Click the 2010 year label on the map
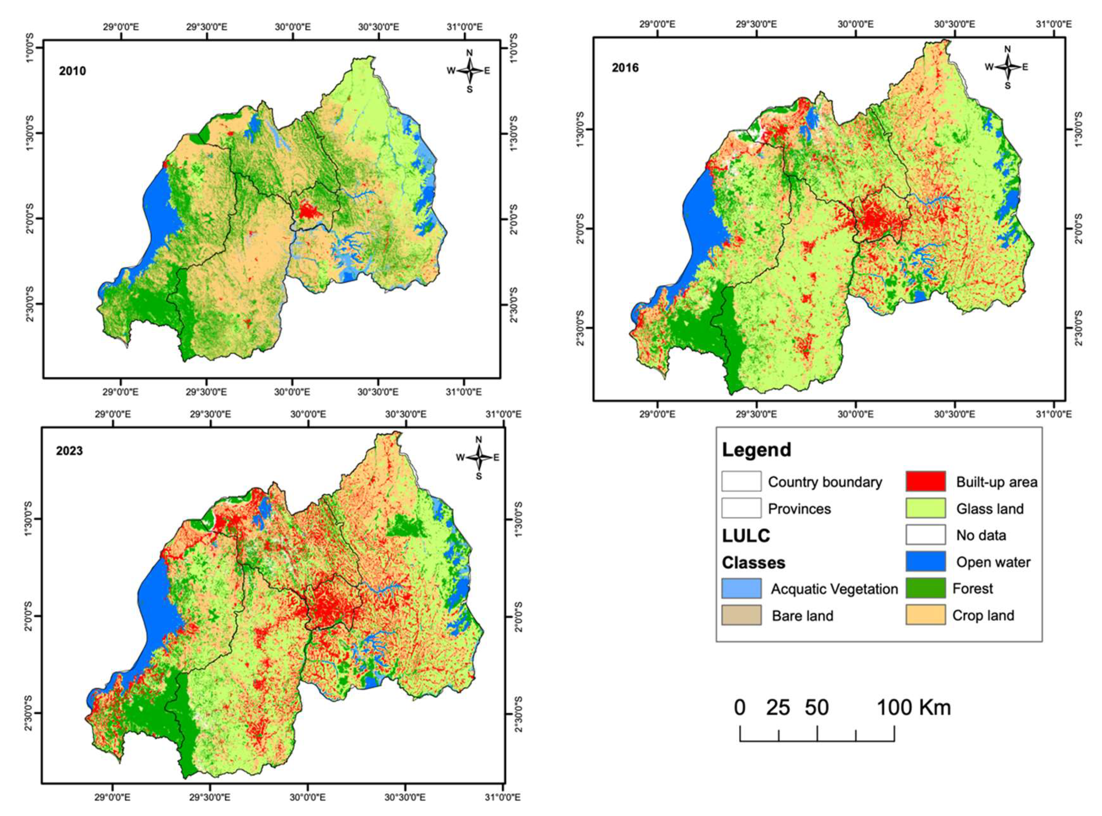pos(73,71)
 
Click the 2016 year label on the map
pos(625,68)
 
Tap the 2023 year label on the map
pos(69,451)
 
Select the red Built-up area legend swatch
pos(925,482)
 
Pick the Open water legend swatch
pos(925,561)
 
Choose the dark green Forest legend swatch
pos(925,588)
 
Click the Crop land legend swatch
pos(925,615)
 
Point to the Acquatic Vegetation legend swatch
pos(741,588)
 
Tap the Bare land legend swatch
pos(741,616)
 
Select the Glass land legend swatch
pos(925,508)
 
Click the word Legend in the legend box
pos(757,450)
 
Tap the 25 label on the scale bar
pos(778,708)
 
